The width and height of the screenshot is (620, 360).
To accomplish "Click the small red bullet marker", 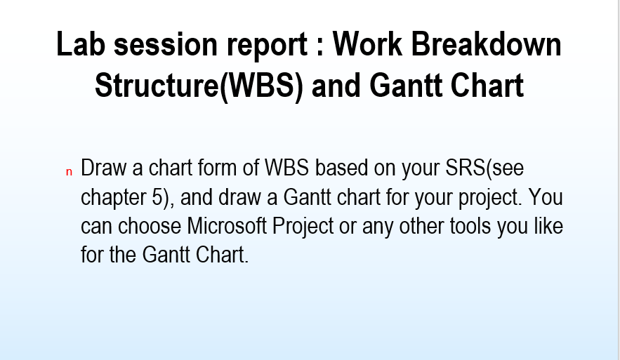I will [x=69, y=171].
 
